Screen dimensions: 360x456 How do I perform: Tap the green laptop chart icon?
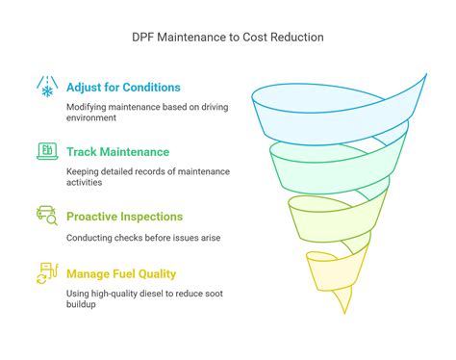tap(46, 150)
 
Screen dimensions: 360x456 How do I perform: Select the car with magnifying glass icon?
tap(46, 216)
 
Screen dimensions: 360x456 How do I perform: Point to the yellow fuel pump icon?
tap(46, 274)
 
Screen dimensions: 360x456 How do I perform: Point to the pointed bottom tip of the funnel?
tap(343, 310)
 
